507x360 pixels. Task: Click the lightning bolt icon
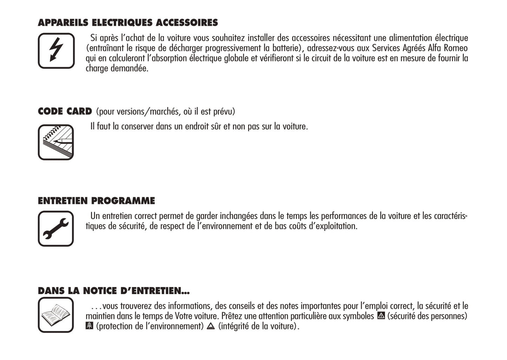pyautogui.click(x=56, y=51)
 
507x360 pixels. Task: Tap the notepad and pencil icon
pyautogui.click(x=56, y=142)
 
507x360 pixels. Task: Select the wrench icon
pyautogui.click(x=56, y=228)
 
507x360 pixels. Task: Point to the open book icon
pyautogui.click(x=56, y=315)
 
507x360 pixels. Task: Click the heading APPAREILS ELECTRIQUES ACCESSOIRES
pyautogui.click(x=128, y=23)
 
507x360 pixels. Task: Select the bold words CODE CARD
pyautogui.click(x=65, y=112)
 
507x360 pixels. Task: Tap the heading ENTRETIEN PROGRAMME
pyautogui.click(x=96, y=201)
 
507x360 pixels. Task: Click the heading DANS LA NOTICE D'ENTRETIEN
pyautogui.click(x=114, y=291)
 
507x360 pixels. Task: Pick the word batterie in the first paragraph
pyautogui.click(x=285, y=48)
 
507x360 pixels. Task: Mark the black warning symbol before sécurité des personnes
pyautogui.click(x=381, y=316)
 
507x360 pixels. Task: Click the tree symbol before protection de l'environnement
pyautogui.click(x=89, y=326)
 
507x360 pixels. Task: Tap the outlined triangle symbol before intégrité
pyautogui.click(x=211, y=326)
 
